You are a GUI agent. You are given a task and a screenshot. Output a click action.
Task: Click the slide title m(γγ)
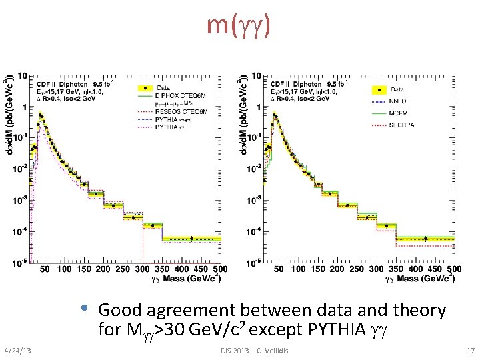pos(239,26)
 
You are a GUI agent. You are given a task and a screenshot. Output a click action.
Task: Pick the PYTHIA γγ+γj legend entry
pos(175,119)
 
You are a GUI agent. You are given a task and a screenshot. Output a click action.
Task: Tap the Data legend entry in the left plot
pos(163,87)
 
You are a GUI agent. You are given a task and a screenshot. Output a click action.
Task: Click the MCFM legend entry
pos(398,113)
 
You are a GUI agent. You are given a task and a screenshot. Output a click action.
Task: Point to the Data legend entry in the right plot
pos(397,89)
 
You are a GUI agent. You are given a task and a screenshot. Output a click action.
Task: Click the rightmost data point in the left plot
pos(192,239)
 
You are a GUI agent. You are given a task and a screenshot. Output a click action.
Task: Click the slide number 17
pos(471,351)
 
